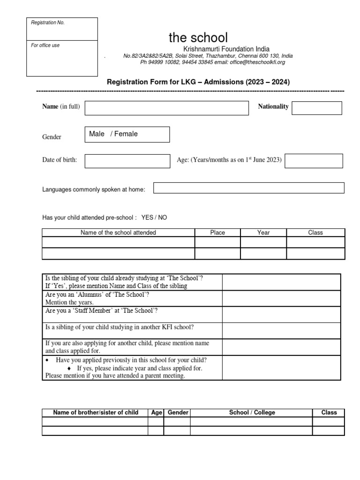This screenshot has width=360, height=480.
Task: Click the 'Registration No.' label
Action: pyautogui.click(x=48, y=23)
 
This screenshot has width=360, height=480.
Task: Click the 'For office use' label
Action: pyautogui.click(x=45, y=45)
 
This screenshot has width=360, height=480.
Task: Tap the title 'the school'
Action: pyautogui.click(x=198, y=37)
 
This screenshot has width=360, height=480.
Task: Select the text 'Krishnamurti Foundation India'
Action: pyautogui.click(x=226, y=49)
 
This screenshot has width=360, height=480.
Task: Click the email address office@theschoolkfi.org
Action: pyautogui.click(x=256, y=62)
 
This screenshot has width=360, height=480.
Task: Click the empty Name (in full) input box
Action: pyautogui.click(x=166, y=107)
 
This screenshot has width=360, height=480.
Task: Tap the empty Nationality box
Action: pyautogui.click(x=316, y=108)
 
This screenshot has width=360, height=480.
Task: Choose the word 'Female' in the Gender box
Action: pyautogui.click(x=126, y=134)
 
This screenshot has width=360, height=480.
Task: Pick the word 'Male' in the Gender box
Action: pyautogui.click(x=97, y=134)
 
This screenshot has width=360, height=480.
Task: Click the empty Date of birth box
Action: pyautogui.click(x=127, y=161)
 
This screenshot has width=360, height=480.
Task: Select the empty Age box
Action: pyautogui.click(x=314, y=161)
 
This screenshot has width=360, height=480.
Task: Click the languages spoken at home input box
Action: pyautogui.click(x=248, y=188)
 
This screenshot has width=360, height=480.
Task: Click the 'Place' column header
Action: pyautogui.click(x=217, y=232)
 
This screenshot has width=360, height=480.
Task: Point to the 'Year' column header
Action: pyautogui.click(x=263, y=232)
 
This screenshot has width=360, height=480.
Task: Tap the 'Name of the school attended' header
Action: pyautogui.click(x=118, y=232)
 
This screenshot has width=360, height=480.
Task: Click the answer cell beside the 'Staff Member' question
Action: pyautogui.click(x=281, y=315)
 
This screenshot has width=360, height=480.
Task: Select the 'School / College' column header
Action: pyautogui.click(x=252, y=412)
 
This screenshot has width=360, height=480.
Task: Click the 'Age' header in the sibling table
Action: pyautogui.click(x=156, y=412)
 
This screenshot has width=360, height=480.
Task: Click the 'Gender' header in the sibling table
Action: pyautogui.click(x=178, y=412)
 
